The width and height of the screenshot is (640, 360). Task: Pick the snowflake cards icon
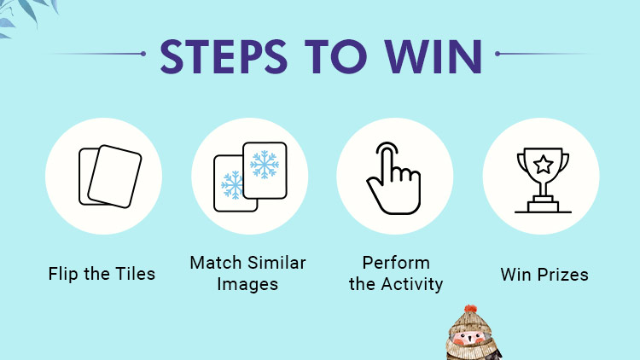248,177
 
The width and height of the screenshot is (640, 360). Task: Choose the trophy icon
541,180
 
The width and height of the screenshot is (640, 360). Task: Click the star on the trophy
542,164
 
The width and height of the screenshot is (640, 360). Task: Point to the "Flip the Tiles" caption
102,274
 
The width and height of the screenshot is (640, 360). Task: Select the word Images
247,284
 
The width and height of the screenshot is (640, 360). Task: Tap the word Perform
395,262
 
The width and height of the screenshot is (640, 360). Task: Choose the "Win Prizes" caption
544,274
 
